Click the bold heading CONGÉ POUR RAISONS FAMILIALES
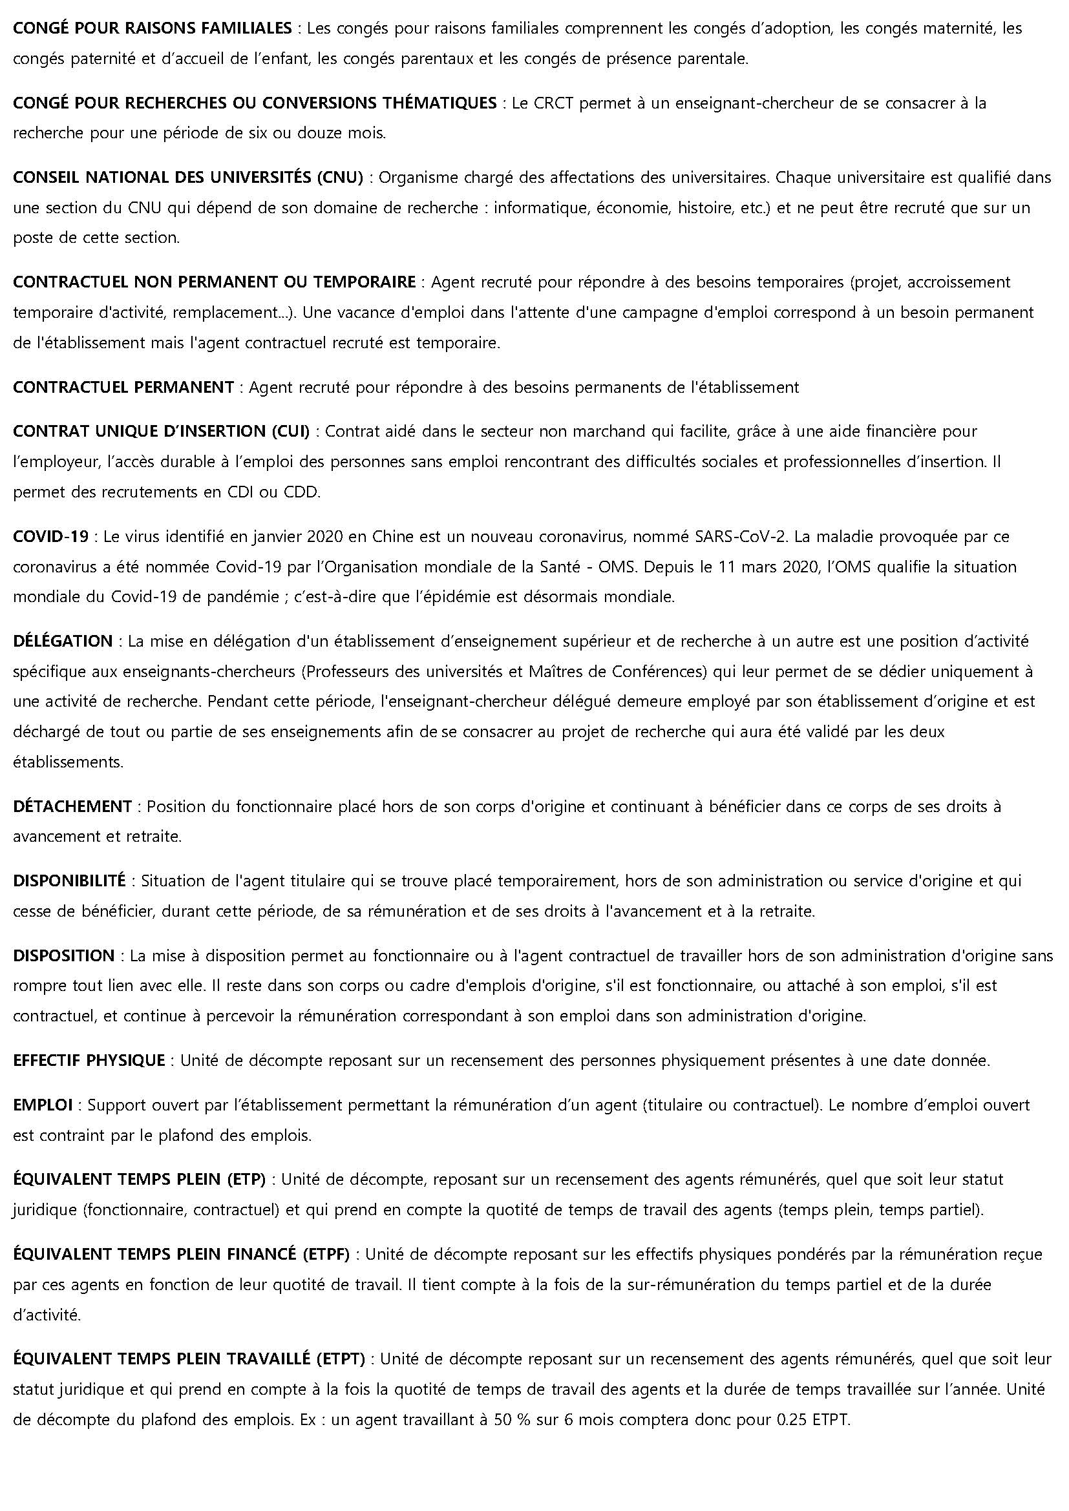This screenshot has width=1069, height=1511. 152,28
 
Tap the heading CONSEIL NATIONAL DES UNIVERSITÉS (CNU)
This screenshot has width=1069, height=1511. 188,178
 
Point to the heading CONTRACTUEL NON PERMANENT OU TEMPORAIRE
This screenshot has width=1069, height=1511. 214,282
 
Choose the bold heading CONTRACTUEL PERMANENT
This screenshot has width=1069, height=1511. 123,388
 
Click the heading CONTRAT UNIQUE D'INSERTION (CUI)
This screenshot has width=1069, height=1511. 162,432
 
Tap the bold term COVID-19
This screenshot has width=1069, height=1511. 50,536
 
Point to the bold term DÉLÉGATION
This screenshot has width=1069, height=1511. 63,641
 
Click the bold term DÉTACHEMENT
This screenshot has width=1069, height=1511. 72,807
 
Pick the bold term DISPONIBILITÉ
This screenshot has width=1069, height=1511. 69,881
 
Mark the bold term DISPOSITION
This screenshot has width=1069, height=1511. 64,955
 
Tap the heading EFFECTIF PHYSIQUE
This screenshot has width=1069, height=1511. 89,1060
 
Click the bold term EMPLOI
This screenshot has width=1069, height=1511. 43,1105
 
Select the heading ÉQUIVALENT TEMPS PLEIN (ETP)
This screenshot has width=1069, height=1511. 139,1180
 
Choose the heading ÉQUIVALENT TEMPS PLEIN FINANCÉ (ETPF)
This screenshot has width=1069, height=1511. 181,1255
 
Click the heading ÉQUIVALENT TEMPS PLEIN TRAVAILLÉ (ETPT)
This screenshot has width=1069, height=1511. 189,1359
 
